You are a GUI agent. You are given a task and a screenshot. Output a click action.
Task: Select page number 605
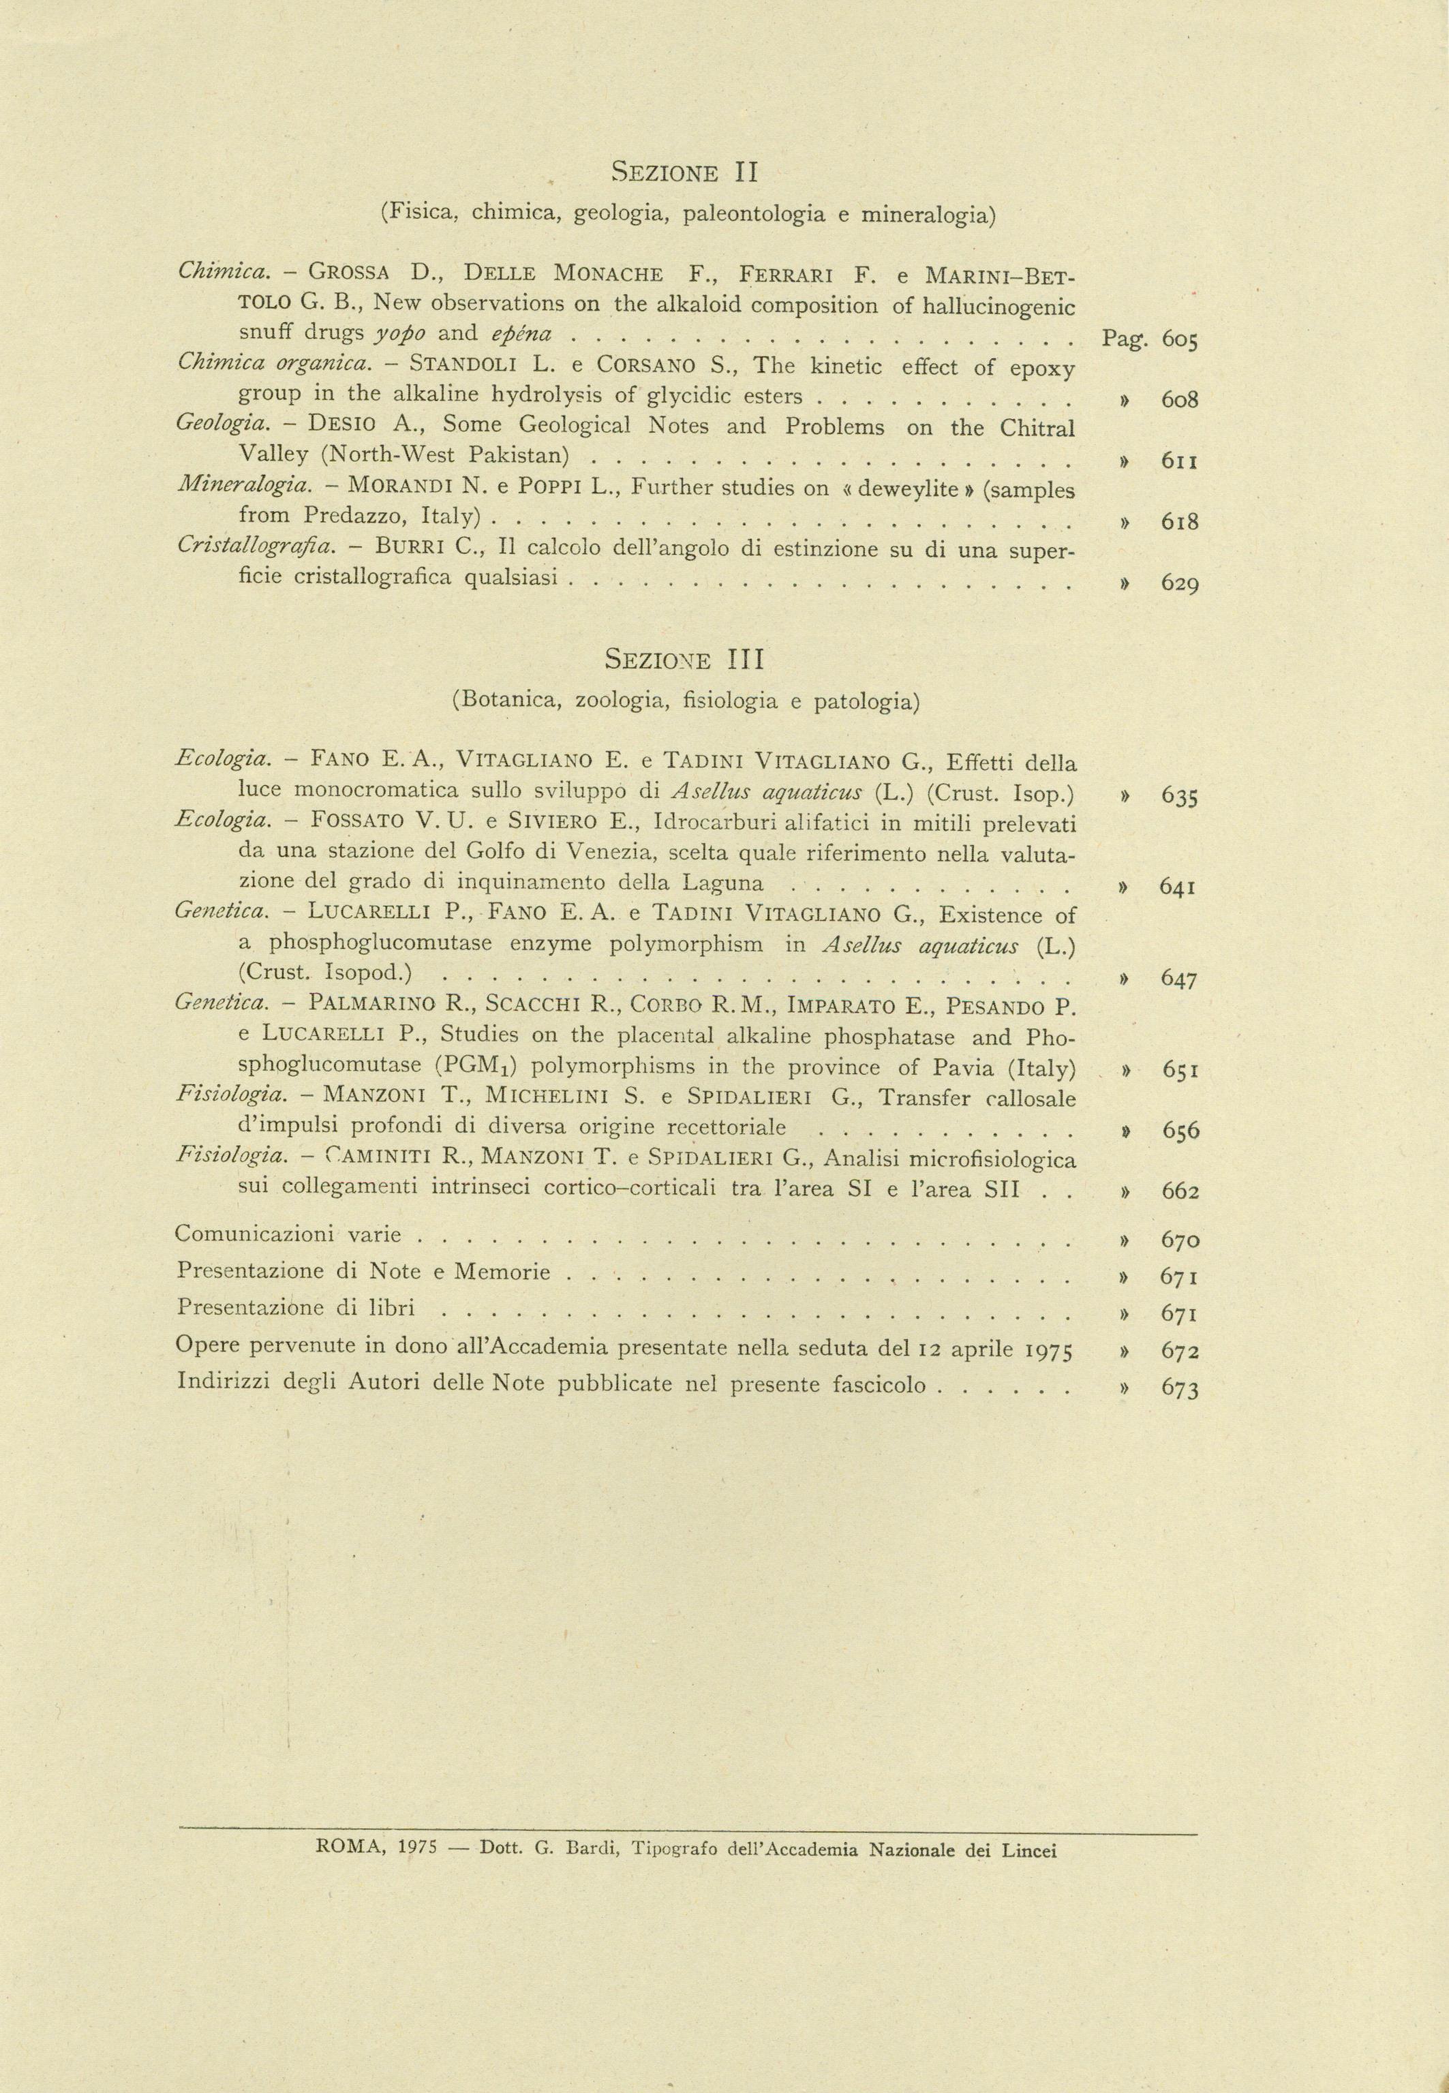pos(1179,339)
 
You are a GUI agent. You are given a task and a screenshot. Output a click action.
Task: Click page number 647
pos(1178,979)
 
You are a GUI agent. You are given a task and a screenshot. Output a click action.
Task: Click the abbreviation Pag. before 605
pos(1124,339)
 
